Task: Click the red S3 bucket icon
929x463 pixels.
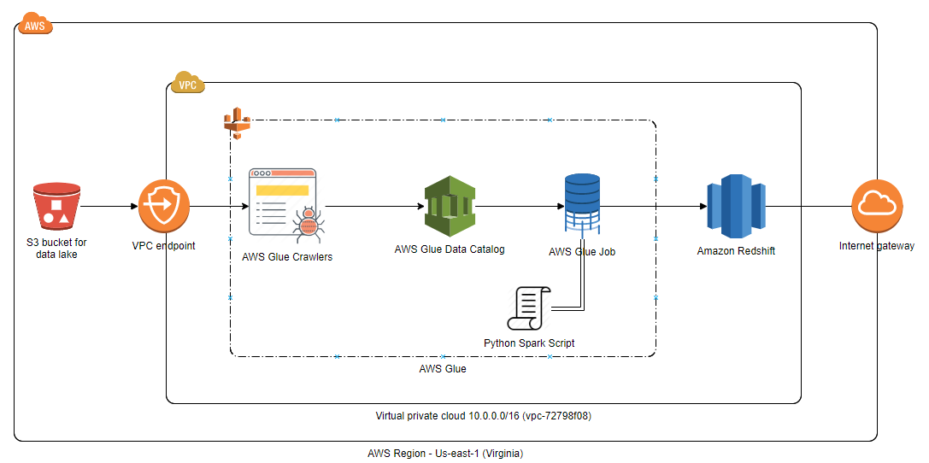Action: click(x=56, y=206)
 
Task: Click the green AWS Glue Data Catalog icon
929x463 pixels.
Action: click(x=450, y=206)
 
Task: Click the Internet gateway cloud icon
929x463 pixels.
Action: click(x=877, y=206)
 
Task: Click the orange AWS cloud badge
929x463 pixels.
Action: click(x=35, y=25)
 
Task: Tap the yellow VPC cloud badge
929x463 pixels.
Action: click(x=187, y=84)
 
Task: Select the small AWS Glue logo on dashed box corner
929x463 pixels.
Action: click(x=236, y=123)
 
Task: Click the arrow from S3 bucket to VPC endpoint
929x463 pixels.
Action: click(x=110, y=206)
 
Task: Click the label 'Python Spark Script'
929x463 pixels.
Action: click(x=529, y=343)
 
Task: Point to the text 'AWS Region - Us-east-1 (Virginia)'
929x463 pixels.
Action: click(x=444, y=453)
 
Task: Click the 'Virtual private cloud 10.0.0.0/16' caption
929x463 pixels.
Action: click(x=484, y=416)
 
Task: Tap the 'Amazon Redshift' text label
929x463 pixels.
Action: click(x=736, y=251)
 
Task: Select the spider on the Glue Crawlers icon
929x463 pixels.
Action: click(x=308, y=224)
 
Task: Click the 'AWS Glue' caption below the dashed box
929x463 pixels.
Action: click(x=442, y=369)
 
